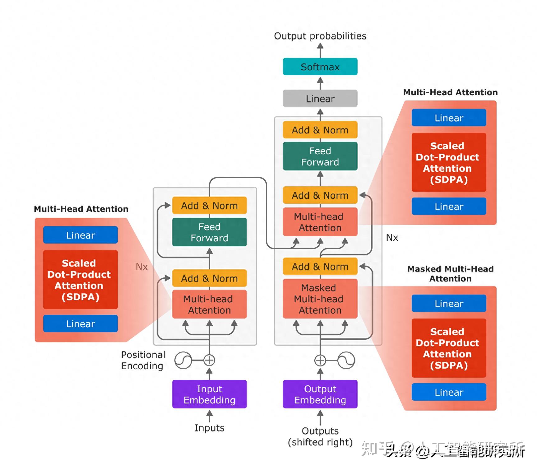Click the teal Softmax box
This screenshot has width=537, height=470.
pyautogui.click(x=320, y=67)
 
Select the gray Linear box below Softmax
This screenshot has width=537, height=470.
pyautogui.click(x=320, y=98)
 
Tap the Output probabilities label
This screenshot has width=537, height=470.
pyautogui.click(x=320, y=36)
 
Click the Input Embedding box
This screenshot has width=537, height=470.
pyautogui.click(x=209, y=394)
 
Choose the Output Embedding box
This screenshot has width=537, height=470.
pyautogui.click(x=320, y=394)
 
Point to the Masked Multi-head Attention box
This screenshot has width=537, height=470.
pyautogui.click(x=320, y=299)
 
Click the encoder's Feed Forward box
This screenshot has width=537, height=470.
pyautogui.click(x=209, y=232)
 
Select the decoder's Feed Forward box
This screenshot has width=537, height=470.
pyautogui.click(x=320, y=156)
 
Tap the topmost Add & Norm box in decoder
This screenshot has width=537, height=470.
pyautogui.click(x=320, y=130)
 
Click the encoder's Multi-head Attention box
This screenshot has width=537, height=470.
pyautogui.click(x=209, y=304)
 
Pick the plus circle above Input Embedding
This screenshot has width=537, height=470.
pyautogui.click(x=209, y=360)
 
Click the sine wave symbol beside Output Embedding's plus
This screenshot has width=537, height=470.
pyautogui.click(x=346, y=360)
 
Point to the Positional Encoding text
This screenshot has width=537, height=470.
pyautogui.click(x=143, y=360)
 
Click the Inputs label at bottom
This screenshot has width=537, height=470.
pyautogui.click(x=209, y=428)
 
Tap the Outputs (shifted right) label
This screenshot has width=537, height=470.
pyautogui.click(x=320, y=436)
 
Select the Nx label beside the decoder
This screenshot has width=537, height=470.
pyautogui.click(x=392, y=238)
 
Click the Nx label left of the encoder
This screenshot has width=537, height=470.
pyautogui.click(x=142, y=267)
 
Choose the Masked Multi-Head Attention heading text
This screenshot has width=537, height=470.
pyautogui.click(x=450, y=274)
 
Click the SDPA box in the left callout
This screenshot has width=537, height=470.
pyautogui.click(x=80, y=280)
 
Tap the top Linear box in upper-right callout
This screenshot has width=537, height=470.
pyautogui.click(x=449, y=118)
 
